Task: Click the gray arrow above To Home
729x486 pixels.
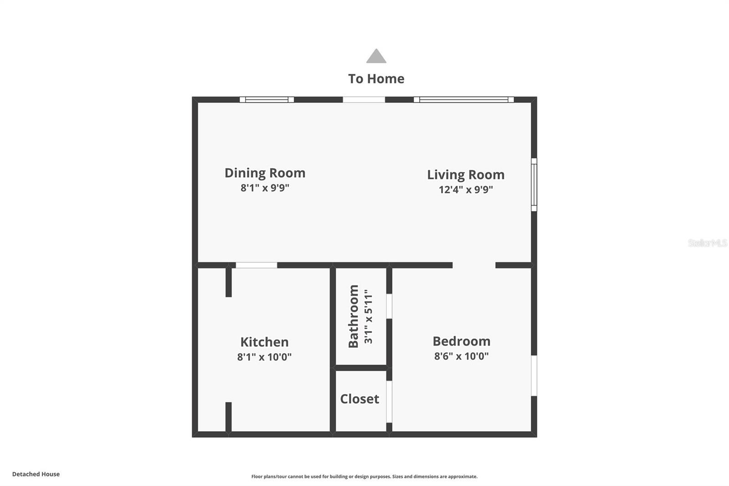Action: (376, 57)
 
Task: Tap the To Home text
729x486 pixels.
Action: (376, 79)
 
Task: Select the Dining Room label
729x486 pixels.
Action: (265, 173)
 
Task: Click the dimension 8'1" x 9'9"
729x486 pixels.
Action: (265, 188)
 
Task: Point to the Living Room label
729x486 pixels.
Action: (466, 175)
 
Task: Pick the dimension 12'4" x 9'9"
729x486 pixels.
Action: (466, 190)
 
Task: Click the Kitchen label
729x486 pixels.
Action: (264, 342)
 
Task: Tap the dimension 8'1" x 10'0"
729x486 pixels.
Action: (264, 357)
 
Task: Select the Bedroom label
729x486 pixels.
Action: (462, 341)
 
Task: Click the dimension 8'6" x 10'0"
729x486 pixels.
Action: (462, 356)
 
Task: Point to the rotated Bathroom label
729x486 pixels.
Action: (354, 316)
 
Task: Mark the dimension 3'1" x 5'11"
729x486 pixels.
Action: (368, 316)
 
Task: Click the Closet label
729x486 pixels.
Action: (359, 399)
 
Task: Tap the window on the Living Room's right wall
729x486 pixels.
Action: (534, 185)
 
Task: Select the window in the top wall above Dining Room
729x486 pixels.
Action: (267, 99)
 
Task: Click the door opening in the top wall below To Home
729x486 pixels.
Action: (364, 99)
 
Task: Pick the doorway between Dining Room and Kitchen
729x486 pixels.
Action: (256, 265)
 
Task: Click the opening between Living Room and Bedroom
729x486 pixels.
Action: (474, 265)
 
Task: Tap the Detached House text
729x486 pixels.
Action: (36, 474)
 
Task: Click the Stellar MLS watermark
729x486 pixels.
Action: (707, 243)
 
